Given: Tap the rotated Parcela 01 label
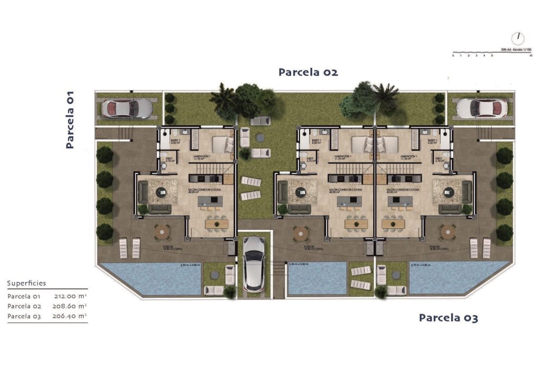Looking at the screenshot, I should click(69, 119).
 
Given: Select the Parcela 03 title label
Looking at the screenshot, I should click(448, 318).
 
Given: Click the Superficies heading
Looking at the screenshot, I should click(26, 283).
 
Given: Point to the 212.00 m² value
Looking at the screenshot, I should click(70, 297).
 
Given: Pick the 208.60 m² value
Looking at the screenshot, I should click(70, 306).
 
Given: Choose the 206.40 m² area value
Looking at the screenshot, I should click(70, 316).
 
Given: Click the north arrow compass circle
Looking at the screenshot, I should click(518, 38).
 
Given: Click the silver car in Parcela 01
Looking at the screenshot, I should click(126, 108).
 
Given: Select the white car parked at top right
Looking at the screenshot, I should click(482, 108).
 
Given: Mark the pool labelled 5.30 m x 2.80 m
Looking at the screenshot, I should click(317, 279).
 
